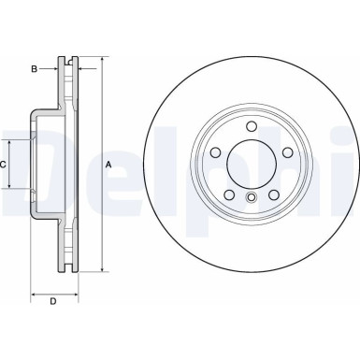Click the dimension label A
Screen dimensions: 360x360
(x=108, y=165)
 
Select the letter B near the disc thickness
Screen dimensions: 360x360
(x=34, y=68)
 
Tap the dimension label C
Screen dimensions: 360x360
(x=5, y=164)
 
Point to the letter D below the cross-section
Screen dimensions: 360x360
(x=52, y=300)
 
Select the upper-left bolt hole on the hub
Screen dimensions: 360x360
(x=216, y=153)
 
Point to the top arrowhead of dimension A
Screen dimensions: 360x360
(x=100, y=58)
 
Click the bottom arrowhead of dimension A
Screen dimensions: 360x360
(x=100, y=269)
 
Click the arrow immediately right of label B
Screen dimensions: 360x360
(x=54, y=68)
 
